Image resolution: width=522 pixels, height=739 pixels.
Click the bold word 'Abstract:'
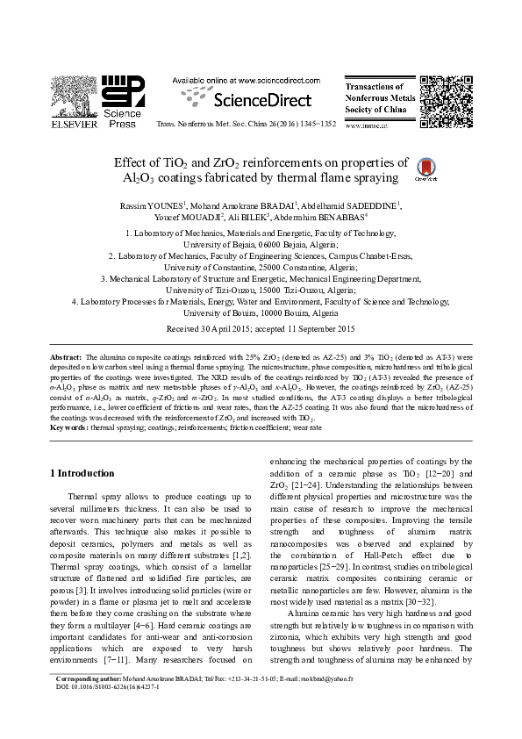click(65, 358)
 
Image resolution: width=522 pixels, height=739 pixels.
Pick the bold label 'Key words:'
click(68, 427)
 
